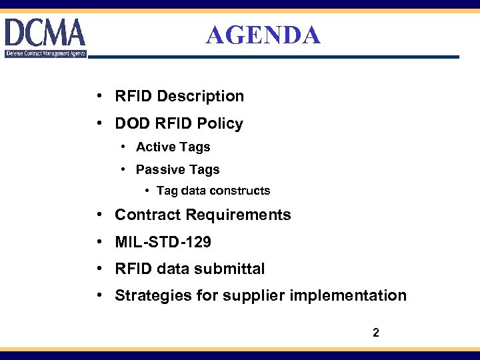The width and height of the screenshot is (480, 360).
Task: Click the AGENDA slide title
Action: (x=263, y=35)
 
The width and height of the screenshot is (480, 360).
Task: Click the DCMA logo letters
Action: (x=45, y=32)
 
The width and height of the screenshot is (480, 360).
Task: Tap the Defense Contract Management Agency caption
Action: (x=45, y=53)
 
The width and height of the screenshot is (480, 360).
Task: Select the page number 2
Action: (x=376, y=332)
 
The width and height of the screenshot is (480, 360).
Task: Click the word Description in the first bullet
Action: (x=201, y=96)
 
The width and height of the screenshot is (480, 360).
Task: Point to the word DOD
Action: (x=132, y=123)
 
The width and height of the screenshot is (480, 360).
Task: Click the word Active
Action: (x=154, y=147)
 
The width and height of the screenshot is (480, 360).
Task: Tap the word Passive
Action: (x=159, y=169)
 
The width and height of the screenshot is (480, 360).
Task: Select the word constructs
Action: (x=239, y=191)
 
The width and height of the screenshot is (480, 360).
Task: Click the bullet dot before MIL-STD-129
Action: (x=98, y=241)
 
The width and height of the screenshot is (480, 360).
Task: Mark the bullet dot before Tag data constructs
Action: (x=147, y=191)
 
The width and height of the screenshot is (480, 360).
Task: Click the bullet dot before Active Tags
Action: (x=125, y=147)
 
